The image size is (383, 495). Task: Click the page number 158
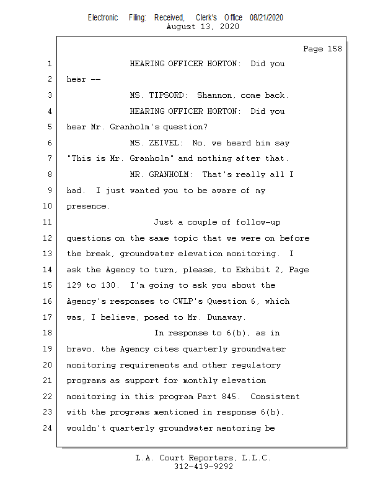[x=335, y=49]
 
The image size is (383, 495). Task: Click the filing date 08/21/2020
[x=266, y=18]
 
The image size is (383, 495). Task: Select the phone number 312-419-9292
[x=203, y=467]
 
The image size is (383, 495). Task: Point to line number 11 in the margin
[x=48, y=222]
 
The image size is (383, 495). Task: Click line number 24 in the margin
[x=48, y=428]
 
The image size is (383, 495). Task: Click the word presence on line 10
[x=88, y=207]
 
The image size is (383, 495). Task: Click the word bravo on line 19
[x=81, y=349]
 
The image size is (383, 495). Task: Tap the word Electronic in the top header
[x=103, y=18]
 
